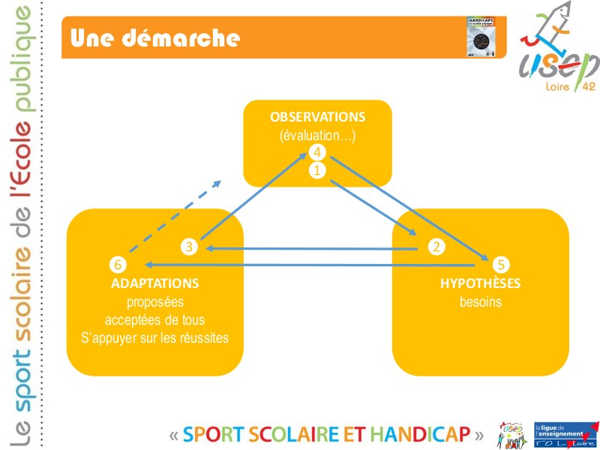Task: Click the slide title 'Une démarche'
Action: point(155,37)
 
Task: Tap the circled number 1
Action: point(317,170)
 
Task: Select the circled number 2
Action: point(435,246)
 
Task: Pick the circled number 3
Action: point(190,246)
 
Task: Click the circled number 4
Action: point(317,153)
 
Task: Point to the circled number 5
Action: point(501,264)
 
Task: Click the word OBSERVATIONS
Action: point(317,118)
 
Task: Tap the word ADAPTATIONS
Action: point(154,284)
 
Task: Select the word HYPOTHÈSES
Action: point(480,284)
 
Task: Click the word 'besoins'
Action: point(480,302)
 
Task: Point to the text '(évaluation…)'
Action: point(317,136)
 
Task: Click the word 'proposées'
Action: point(154,302)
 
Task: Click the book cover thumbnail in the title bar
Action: point(481,35)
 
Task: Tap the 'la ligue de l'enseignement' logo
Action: point(559,434)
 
